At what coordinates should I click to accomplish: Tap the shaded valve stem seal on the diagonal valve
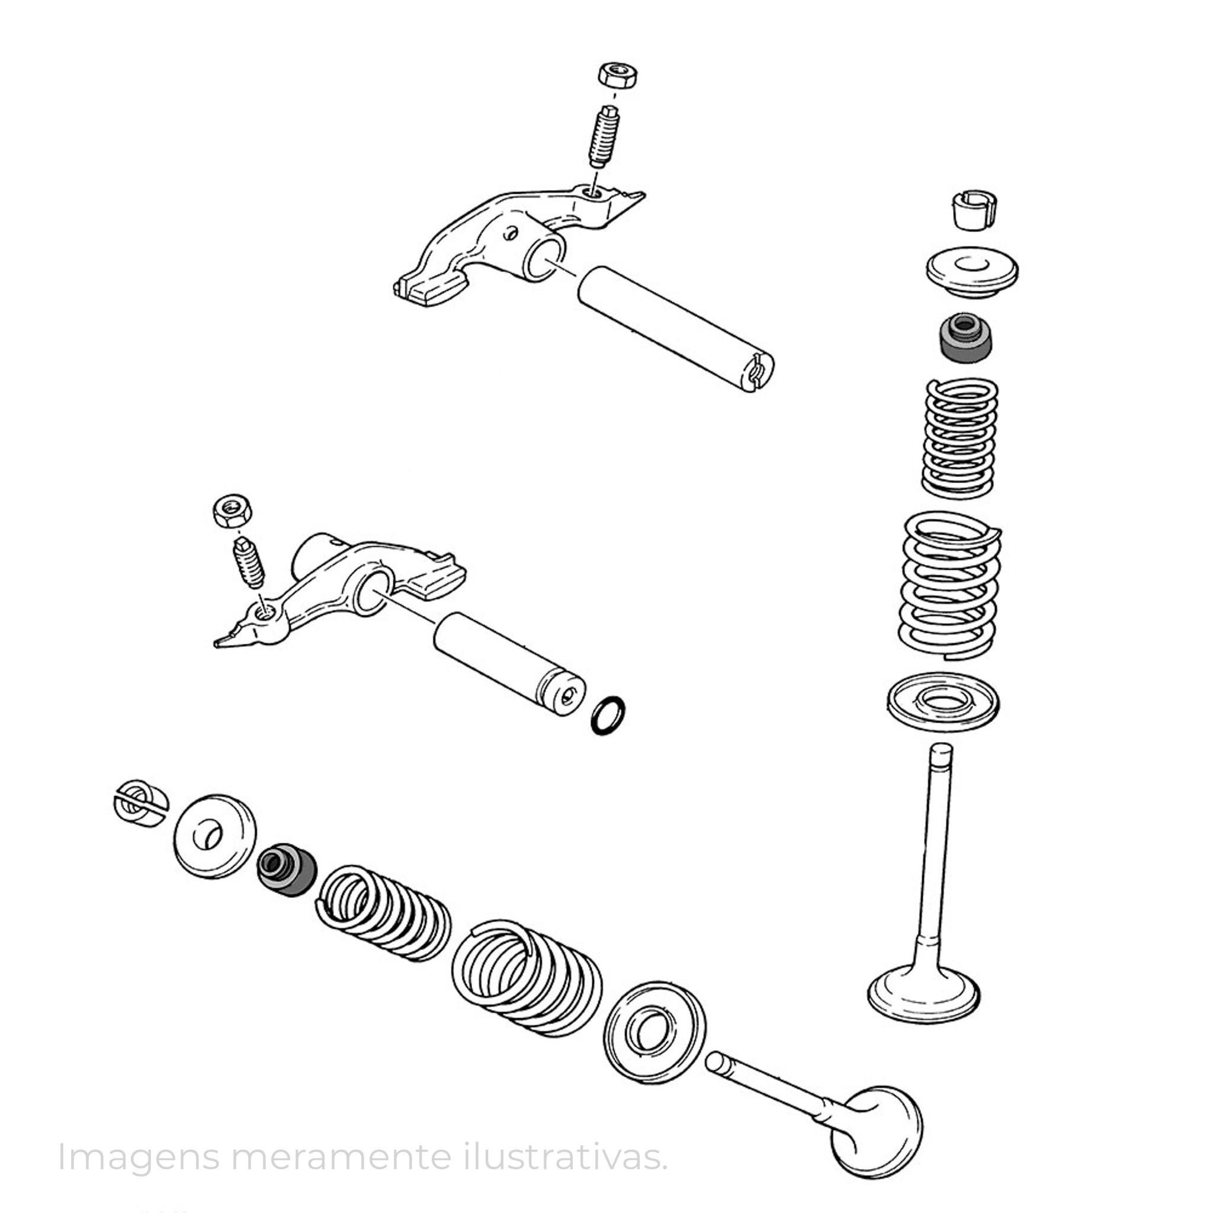[286, 869]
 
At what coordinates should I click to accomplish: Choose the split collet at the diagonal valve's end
[140, 804]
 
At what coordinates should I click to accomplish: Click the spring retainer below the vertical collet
[973, 271]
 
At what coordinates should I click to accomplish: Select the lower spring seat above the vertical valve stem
[943, 703]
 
